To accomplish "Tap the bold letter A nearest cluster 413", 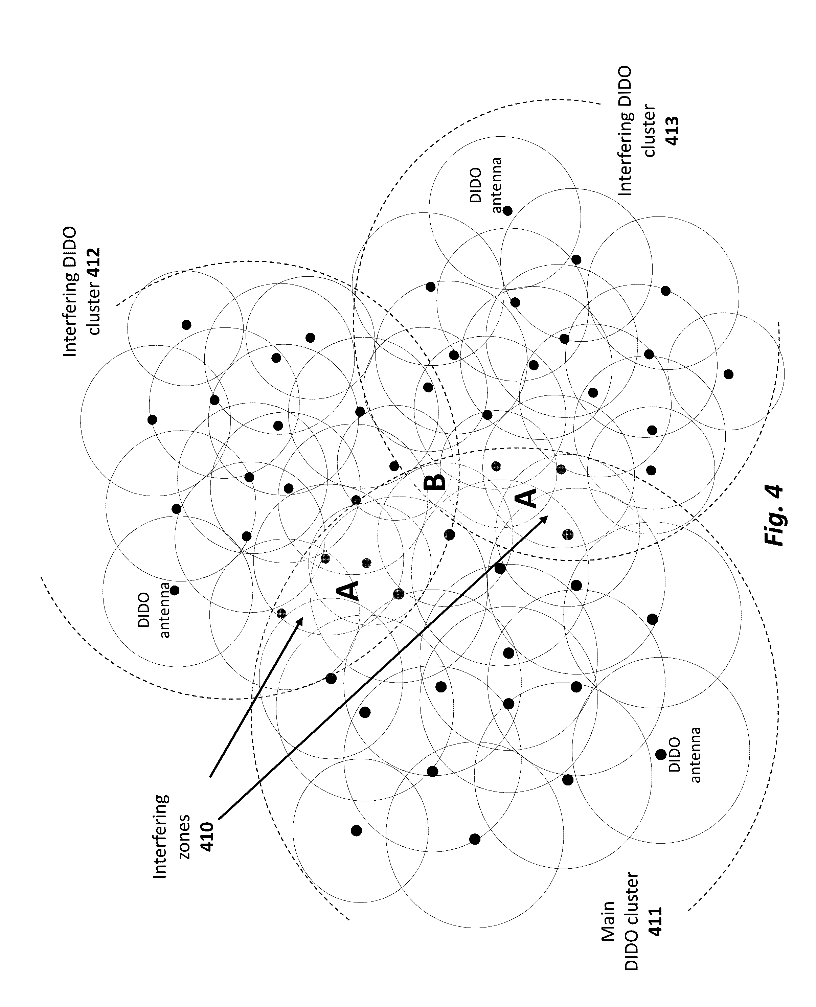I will point(526,498).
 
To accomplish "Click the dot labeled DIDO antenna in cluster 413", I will point(508,210).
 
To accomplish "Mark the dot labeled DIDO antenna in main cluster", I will point(660,755).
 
